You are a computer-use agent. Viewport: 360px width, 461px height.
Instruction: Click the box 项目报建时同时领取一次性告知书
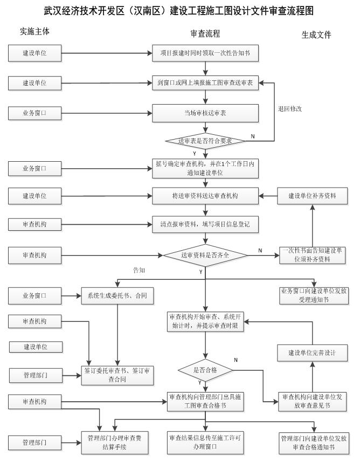pos(205,53)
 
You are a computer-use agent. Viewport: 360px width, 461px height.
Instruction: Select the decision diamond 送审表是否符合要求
pos(205,141)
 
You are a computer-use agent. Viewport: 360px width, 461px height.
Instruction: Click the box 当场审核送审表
pos(205,113)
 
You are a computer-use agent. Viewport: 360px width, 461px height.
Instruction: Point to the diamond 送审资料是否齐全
pos(205,254)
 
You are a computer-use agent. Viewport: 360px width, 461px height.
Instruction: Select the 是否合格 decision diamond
pos(205,369)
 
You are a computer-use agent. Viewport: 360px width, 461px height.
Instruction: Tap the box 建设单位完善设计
pos(312,353)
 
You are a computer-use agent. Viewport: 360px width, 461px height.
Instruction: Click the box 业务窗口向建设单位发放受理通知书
pos(312,295)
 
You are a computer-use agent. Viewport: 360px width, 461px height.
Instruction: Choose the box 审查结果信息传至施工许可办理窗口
pos(205,442)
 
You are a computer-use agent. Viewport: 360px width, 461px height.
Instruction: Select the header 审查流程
pos(205,33)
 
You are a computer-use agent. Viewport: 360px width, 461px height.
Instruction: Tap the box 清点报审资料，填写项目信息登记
pos(205,223)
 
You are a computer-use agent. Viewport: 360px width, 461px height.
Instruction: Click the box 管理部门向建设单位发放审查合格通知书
pos(313,442)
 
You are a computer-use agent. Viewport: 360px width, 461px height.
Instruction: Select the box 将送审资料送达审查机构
pos(205,196)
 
